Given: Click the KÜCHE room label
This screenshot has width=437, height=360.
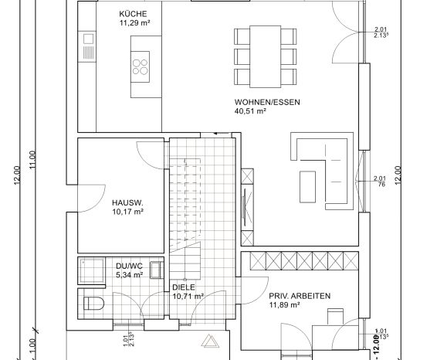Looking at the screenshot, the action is click(133, 14).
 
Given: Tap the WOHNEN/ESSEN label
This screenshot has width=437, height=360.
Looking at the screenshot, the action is click(267, 102).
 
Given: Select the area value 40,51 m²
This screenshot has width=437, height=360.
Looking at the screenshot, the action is click(250, 111).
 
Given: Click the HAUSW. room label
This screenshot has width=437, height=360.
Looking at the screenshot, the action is click(127, 202).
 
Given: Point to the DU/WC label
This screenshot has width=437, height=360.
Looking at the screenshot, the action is click(129, 266).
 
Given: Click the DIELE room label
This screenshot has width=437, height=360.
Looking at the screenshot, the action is click(184, 287).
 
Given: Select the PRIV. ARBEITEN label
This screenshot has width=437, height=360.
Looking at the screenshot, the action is click(300, 296).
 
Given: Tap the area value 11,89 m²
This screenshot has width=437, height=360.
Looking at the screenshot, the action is click(285, 305).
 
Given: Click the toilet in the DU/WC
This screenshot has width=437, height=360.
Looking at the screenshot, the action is click(93, 304).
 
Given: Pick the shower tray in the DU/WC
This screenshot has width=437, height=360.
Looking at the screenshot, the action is click(92, 271).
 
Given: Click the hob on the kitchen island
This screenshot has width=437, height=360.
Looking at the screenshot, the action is click(141, 66).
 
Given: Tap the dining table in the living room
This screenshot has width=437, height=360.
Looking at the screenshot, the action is click(265, 56).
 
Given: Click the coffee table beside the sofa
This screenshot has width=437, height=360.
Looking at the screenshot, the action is click(308, 187).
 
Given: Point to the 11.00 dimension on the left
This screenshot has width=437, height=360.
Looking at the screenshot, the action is click(33, 159).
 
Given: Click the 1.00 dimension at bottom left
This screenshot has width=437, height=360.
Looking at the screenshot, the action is click(32, 345).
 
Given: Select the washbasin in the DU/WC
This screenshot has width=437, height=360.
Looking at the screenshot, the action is click(157, 270).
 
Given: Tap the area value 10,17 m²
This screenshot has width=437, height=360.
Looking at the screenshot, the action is click(127, 212).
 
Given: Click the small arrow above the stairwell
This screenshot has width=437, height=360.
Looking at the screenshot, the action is click(218, 134).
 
